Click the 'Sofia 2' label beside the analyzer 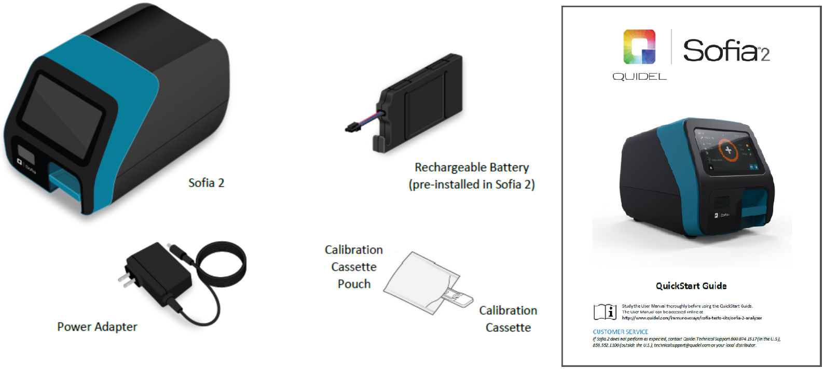tap(206, 183)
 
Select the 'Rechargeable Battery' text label tap(471, 167)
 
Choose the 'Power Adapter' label tap(97, 327)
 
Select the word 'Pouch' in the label tap(354, 284)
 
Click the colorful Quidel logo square tap(639, 47)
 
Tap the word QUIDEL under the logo tap(639, 77)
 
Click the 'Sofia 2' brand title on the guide tap(725, 50)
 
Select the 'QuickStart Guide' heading tap(691, 286)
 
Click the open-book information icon tap(605, 311)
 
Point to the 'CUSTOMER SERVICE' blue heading tap(620, 332)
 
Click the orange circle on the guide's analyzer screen tap(728, 150)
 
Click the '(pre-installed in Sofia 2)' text tap(471, 184)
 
